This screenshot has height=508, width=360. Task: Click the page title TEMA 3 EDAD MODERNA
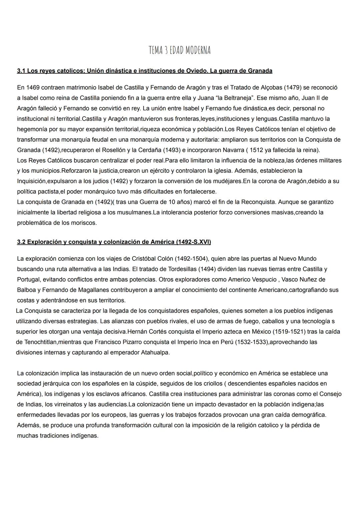(180, 50)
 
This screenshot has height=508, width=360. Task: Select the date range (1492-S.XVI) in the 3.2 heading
(193, 242)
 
